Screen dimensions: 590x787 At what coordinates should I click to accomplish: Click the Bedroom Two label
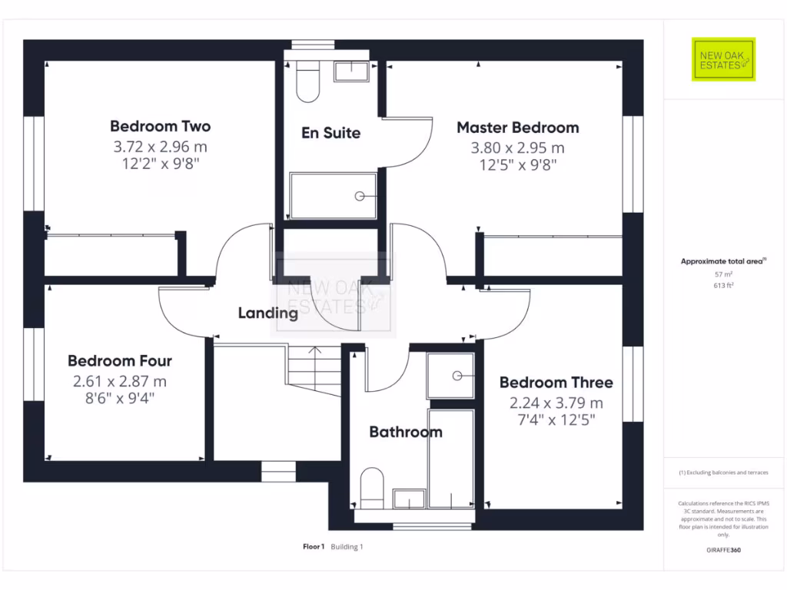160,126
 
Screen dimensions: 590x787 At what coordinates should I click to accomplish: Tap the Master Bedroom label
517,128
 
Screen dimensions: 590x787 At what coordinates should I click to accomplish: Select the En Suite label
330,133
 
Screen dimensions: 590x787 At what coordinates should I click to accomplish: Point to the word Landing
267,313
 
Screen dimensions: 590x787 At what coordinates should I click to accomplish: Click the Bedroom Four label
119,361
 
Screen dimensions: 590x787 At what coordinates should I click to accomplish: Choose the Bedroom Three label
556,383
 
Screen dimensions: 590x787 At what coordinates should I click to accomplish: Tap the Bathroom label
406,432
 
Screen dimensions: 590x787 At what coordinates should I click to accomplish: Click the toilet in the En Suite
307,83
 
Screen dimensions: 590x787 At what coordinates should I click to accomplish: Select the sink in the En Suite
350,72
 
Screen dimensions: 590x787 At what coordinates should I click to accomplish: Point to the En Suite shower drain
360,197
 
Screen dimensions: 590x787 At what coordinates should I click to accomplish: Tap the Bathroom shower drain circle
457,376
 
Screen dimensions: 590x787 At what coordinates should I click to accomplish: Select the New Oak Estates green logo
723,59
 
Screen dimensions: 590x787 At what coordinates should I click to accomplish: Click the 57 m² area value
723,274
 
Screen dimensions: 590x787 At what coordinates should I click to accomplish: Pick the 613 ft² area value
723,286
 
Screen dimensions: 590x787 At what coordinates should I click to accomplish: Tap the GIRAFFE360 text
723,550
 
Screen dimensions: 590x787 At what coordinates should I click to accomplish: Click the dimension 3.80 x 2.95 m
517,147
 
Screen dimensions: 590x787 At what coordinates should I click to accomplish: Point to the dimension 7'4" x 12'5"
556,419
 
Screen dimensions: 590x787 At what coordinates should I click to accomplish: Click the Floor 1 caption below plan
314,547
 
